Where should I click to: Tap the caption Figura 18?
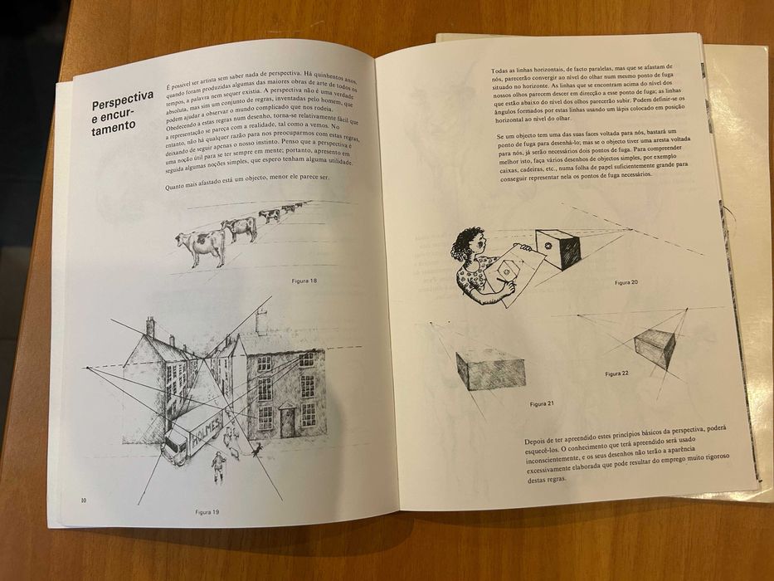tap(304, 281)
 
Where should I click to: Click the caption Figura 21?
tap(542, 403)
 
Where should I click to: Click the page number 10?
tap(83, 500)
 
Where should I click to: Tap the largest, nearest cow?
tap(202, 245)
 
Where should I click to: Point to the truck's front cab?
tap(174, 446)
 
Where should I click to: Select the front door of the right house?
tap(287, 422)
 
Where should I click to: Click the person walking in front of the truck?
tap(218, 466)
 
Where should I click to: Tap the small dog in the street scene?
tap(256, 449)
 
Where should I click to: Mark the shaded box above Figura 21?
tap(491, 369)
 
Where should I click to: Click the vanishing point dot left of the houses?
tap(88, 366)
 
